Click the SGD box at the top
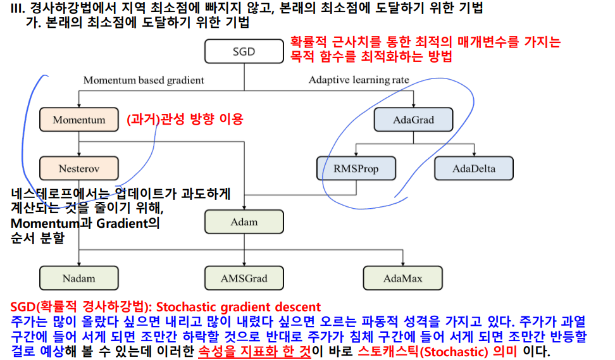click(x=244, y=52)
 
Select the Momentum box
click(x=79, y=120)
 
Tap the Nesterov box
click(x=79, y=169)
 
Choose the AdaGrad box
click(x=414, y=120)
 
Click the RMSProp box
click(x=356, y=169)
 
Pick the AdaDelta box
click(x=474, y=169)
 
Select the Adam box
click(x=244, y=222)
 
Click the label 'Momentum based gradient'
click(x=144, y=80)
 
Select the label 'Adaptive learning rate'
click(x=359, y=80)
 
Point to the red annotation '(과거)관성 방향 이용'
click(x=185, y=119)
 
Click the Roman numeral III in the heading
click(x=9, y=8)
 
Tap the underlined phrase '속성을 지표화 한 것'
click(x=254, y=351)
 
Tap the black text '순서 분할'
click(x=37, y=239)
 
